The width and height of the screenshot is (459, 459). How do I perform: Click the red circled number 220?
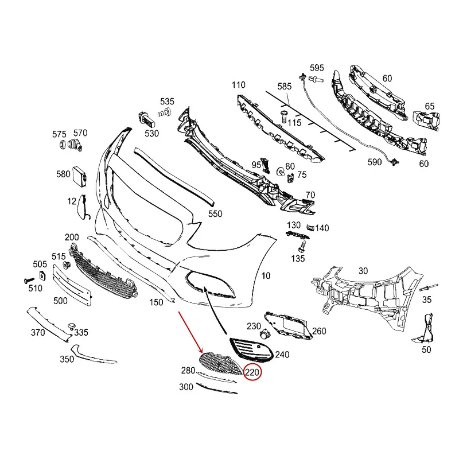coord(253,373)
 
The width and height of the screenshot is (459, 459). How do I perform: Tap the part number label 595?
coord(317,68)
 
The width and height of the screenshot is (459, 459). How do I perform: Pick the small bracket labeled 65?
coord(427,119)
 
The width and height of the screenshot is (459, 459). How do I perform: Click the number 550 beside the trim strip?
coord(215,214)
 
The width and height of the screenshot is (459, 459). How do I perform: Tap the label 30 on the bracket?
coord(363,271)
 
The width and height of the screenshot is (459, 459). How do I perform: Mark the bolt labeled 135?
coord(301,247)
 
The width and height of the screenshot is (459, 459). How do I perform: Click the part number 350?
coord(67,359)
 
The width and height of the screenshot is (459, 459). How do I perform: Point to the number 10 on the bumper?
coord(265,276)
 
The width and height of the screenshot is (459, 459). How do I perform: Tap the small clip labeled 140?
coord(310,228)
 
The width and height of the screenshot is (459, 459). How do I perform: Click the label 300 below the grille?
coord(186,387)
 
